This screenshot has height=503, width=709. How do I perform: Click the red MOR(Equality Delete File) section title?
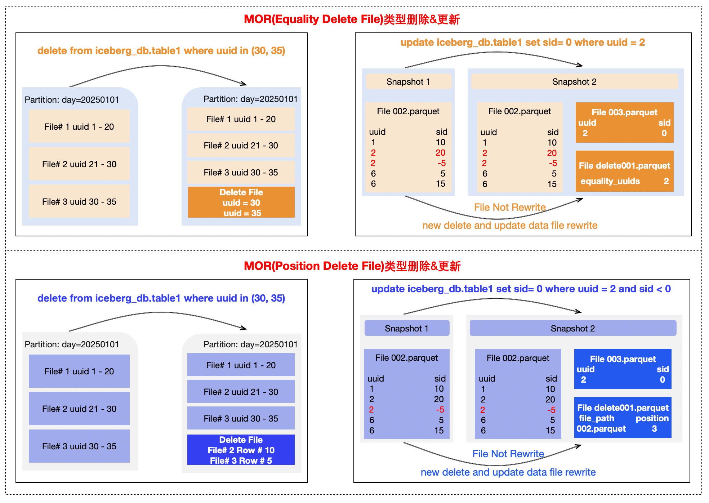coord(352,19)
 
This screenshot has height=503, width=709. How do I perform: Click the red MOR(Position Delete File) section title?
coord(352,266)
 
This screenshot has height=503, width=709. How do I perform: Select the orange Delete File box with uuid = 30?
coord(241,202)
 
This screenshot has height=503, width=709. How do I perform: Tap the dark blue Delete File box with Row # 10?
coord(241,450)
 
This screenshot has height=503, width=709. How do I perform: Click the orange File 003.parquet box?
coord(624,123)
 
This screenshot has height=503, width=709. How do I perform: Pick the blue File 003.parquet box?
coord(623,369)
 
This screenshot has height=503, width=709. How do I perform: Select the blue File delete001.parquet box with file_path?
coord(623,418)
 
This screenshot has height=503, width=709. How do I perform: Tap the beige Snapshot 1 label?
coord(408,82)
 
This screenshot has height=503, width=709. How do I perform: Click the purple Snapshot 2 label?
coord(573,329)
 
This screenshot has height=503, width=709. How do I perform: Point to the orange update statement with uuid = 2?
coord(523,43)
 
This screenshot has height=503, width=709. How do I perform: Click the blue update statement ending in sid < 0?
coord(521,289)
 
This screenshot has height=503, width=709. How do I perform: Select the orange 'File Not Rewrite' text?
coord(510,207)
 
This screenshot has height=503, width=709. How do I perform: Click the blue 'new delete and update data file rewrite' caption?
coord(508,472)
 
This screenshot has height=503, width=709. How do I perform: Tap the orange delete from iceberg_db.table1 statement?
coord(161,51)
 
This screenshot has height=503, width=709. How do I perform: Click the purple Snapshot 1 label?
coord(407,329)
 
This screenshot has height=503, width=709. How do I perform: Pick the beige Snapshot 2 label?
coord(574,82)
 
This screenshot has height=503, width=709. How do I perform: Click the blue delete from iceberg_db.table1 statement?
coord(161,298)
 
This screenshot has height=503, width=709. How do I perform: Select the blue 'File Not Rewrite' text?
coord(508,454)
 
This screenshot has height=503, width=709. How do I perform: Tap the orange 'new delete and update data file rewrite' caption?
coord(510,226)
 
